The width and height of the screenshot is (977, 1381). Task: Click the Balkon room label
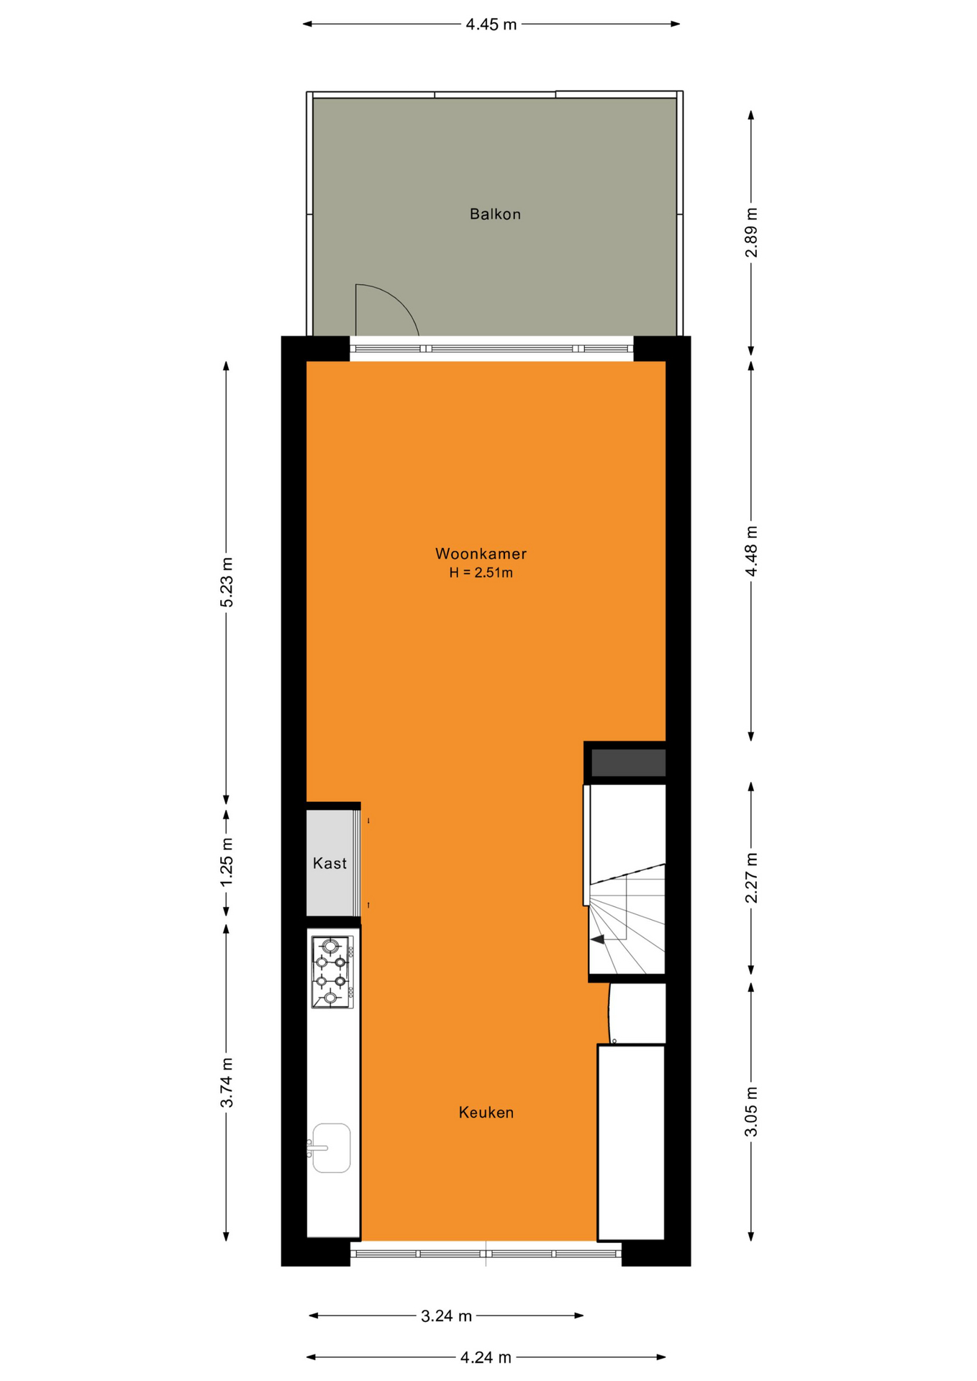pyautogui.click(x=495, y=214)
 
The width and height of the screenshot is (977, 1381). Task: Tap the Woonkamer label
pyautogui.click(x=481, y=554)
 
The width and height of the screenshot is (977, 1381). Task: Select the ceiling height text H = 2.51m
pyautogui.click(x=481, y=573)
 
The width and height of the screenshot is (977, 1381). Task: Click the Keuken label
pyautogui.click(x=486, y=1113)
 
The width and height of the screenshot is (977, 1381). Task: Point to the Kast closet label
pyautogui.click(x=330, y=863)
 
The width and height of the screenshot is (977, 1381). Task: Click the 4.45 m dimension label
pyautogui.click(x=491, y=24)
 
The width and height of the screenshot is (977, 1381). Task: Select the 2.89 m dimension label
pyautogui.click(x=751, y=232)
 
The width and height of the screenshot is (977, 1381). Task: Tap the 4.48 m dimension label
pyautogui.click(x=751, y=551)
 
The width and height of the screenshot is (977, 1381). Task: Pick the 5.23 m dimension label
pyautogui.click(x=227, y=582)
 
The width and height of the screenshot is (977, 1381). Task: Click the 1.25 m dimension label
pyautogui.click(x=227, y=862)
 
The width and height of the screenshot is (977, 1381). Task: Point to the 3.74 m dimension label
pyautogui.click(x=227, y=1083)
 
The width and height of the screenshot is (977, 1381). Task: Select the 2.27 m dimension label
pyautogui.click(x=751, y=878)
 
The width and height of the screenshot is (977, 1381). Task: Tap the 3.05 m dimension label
pyautogui.click(x=751, y=1112)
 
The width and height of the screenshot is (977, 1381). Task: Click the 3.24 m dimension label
pyautogui.click(x=446, y=1316)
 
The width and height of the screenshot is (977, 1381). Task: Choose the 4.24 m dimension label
pyautogui.click(x=486, y=1357)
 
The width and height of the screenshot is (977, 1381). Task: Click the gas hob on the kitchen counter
pyautogui.click(x=332, y=972)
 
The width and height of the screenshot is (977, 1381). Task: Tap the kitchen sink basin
pyautogui.click(x=331, y=1148)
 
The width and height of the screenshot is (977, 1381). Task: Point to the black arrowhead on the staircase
pyautogui.click(x=597, y=939)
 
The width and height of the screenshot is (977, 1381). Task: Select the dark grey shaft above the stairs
pyautogui.click(x=628, y=762)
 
